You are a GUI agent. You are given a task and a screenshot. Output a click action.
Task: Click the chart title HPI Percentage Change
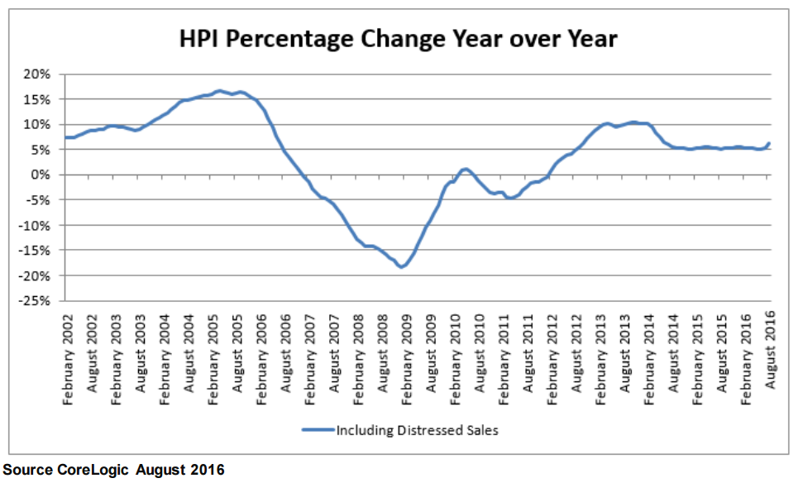point(399,39)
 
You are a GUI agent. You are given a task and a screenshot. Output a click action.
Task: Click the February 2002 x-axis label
point(69,349)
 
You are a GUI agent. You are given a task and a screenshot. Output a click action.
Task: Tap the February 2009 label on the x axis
point(406,349)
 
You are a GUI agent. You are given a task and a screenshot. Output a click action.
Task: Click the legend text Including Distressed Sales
point(417,430)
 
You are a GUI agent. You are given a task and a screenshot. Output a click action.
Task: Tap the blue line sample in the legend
point(318,430)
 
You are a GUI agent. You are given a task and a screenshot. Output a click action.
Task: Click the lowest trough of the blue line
point(401,267)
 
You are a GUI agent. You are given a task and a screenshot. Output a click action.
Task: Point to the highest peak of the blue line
point(219,90)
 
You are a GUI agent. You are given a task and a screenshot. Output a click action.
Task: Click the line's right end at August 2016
point(769,144)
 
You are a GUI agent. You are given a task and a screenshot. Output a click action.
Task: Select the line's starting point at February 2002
point(65,137)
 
